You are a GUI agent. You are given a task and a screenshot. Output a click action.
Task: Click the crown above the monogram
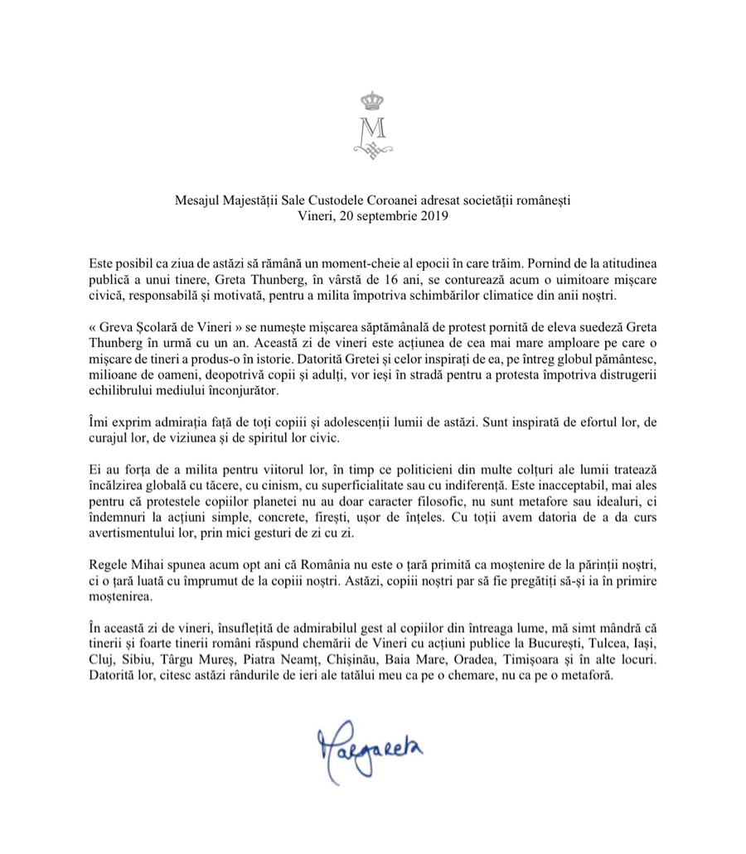[371, 101]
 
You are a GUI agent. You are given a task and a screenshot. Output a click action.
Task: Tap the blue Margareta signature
[370, 750]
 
